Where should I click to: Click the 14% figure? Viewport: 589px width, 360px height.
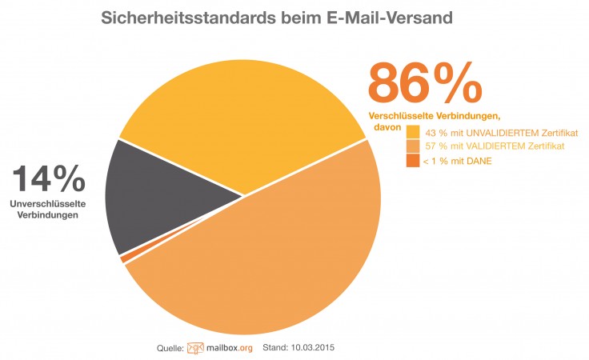47,179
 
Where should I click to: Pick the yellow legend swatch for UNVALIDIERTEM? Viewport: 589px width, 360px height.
413,131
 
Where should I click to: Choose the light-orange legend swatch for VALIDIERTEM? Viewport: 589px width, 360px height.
413,146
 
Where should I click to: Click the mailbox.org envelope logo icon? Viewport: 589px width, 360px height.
196,348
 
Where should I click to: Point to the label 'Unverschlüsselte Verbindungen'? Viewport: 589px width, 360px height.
47,210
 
